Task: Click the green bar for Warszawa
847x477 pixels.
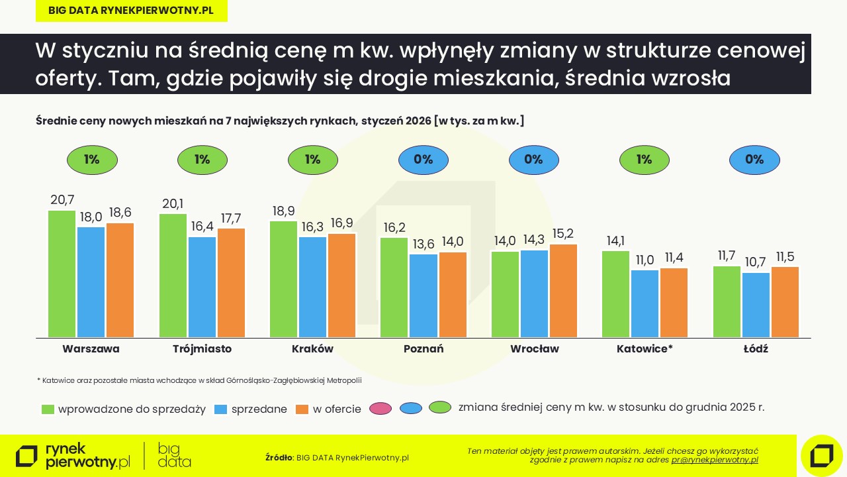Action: tap(62, 274)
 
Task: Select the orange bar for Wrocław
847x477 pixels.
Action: tap(563, 291)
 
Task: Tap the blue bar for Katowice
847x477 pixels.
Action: tap(645, 304)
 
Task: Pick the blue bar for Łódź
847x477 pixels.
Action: tap(755, 305)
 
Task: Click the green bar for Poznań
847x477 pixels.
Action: tap(394, 288)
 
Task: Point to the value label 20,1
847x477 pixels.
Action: tap(173, 203)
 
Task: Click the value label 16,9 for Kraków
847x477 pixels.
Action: tap(342, 223)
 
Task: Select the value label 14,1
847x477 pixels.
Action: tap(615, 240)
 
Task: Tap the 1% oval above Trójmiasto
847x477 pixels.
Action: tap(202, 160)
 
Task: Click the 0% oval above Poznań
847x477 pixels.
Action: tap(423, 160)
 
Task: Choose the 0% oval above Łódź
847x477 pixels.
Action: tap(754, 160)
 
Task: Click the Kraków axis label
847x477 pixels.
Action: tap(312, 348)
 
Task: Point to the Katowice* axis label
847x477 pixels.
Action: tap(645, 348)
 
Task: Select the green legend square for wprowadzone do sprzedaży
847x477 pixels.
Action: tap(48, 409)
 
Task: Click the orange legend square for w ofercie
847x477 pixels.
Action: tap(302, 409)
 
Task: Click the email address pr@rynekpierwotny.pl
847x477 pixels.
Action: tap(715, 460)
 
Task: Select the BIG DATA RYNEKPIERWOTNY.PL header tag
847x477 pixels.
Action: tap(131, 11)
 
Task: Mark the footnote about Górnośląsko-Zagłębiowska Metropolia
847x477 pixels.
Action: tap(199, 380)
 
